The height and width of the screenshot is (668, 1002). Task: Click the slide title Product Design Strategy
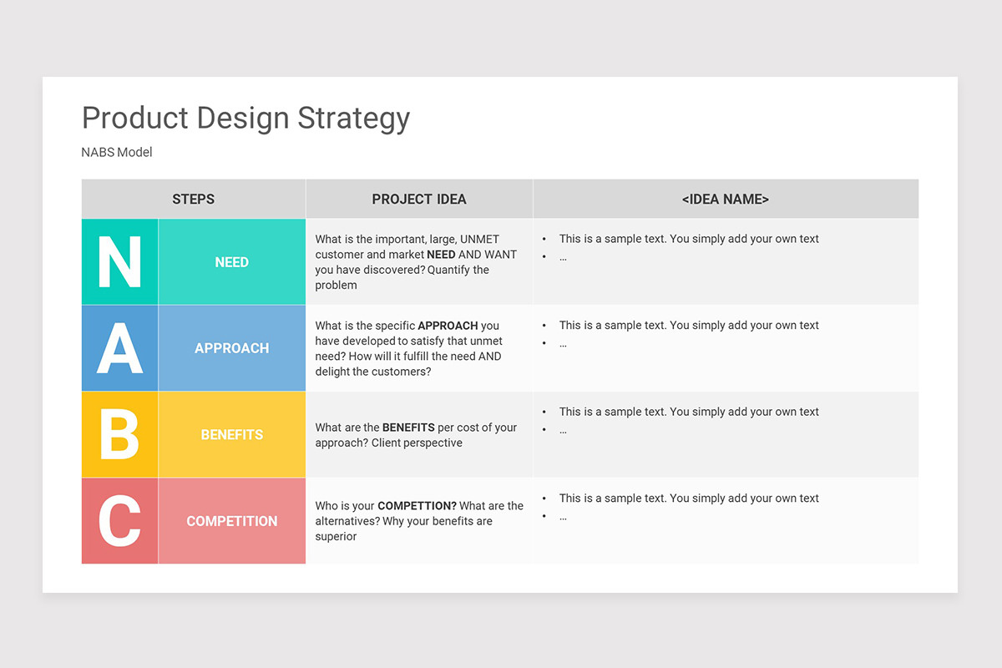point(245,118)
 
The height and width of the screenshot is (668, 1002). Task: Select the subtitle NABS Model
point(117,152)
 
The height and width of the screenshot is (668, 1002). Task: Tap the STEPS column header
point(193,199)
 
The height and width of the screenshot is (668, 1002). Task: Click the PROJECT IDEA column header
point(419,199)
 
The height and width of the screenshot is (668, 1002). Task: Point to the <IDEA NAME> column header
point(725,199)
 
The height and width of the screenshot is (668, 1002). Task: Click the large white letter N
point(119,262)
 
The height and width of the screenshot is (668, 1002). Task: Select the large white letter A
point(119,348)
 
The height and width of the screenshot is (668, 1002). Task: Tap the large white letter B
point(119,435)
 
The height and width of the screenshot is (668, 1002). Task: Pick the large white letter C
point(119,521)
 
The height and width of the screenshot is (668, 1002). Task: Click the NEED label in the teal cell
point(231,262)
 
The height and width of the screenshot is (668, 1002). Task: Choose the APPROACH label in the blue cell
point(231,348)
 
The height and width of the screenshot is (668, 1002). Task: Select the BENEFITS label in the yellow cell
point(231,435)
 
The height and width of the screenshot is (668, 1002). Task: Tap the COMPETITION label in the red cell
point(231,521)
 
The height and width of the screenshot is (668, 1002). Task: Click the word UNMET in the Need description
point(479,240)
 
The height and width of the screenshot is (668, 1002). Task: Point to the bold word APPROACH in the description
point(448,326)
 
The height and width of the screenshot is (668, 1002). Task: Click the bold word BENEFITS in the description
point(408,428)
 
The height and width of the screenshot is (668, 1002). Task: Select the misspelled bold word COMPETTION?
point(417,506)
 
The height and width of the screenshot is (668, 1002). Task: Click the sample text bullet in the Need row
point(689,239)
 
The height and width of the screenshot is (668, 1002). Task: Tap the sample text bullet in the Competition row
point(689,498)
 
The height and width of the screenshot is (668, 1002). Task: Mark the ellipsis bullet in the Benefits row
point(563,430)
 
